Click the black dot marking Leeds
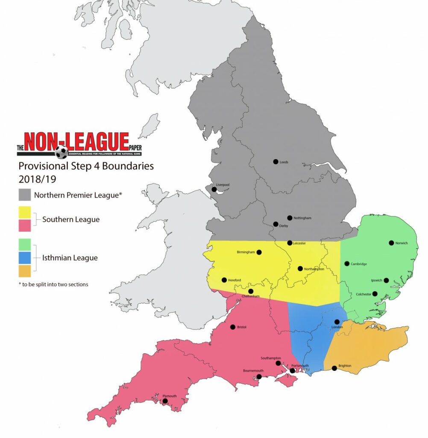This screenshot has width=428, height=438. coord(276,162)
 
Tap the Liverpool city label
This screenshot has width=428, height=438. coord(223,185)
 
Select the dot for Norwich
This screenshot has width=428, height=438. coord(391,243)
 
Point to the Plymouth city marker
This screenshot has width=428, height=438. coord(164,401)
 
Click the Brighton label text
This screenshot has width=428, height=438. coord(345,366)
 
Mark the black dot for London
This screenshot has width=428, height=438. coord(337,322)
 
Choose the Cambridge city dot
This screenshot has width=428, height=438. coord(347,263)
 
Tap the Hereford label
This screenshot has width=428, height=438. coord(235,280)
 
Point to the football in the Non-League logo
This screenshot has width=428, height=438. coord(62,152)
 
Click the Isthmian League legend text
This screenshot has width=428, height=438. coord(70,258)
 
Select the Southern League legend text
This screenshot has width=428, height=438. coord(71,219)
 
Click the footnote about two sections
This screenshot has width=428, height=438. coord(53,284)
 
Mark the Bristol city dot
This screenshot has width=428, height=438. coord(232,327)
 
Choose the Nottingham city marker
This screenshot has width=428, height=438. coord(290,218)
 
